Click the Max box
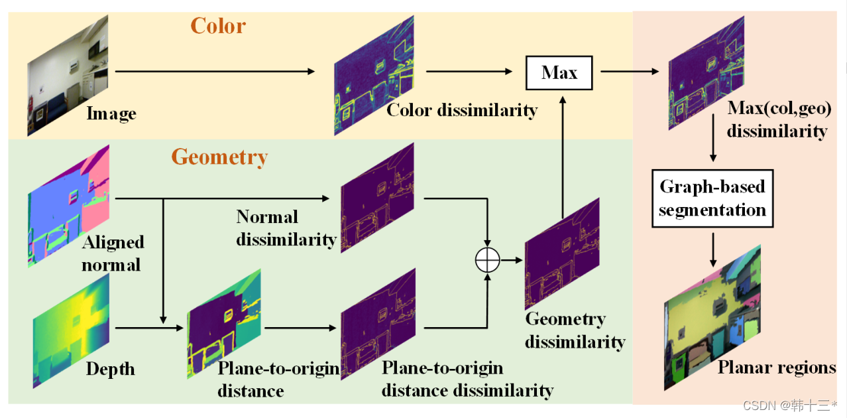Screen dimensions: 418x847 click(x=559, y=72)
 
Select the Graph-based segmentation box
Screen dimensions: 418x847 click(x=712, y=198)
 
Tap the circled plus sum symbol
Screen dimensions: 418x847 click(x=487, y=261)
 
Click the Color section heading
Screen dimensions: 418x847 click(x=218, y=26)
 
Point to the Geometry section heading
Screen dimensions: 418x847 click(x=219, y=157)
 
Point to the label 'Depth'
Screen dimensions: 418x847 click(x=110, y=369)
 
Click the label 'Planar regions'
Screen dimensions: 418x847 click(x=776, y=367)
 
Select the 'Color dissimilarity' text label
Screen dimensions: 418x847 click(x=461, y=110)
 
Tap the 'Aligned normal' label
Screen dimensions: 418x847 click(x=111, y=253)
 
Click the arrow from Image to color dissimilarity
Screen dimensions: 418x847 click(x=215, y=70)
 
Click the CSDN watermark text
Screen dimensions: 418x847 click(x=789, y=405)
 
